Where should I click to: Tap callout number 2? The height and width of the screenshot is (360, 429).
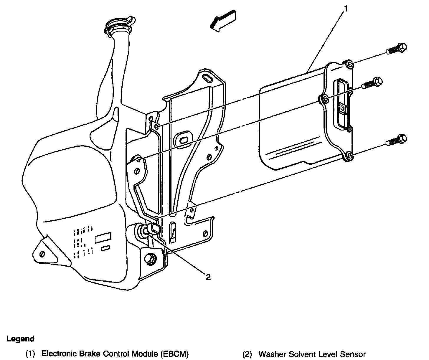tap(208, 277)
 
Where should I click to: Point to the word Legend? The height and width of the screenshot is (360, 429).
tap(20, 339)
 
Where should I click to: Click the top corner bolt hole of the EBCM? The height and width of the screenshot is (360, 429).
tap(349, 64)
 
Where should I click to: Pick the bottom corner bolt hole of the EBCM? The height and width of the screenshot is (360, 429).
tap(348, 156)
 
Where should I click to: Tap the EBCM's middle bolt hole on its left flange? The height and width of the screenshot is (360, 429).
tap(324, 99)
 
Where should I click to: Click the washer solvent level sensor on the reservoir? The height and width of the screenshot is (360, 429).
tap(150, 229)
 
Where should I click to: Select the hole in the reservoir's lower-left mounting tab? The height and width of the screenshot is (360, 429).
tap(42, 254)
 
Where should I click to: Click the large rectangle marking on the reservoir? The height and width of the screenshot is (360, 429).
tap(103, 237)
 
